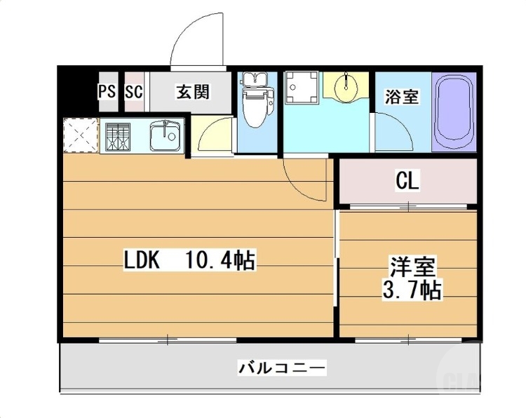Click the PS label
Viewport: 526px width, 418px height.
coord(107,91)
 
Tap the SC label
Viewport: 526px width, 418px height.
coord(134,91)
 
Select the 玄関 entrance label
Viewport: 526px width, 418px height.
coord(192,92)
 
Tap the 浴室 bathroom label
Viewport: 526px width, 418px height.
coord(402,96)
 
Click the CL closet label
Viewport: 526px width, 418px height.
coord(407,182)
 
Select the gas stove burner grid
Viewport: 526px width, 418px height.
coord(118,137)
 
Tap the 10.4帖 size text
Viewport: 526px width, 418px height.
coord(220,262)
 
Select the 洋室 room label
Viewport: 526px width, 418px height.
coord(414,268)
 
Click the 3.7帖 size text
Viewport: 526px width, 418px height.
coord(414,290)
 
